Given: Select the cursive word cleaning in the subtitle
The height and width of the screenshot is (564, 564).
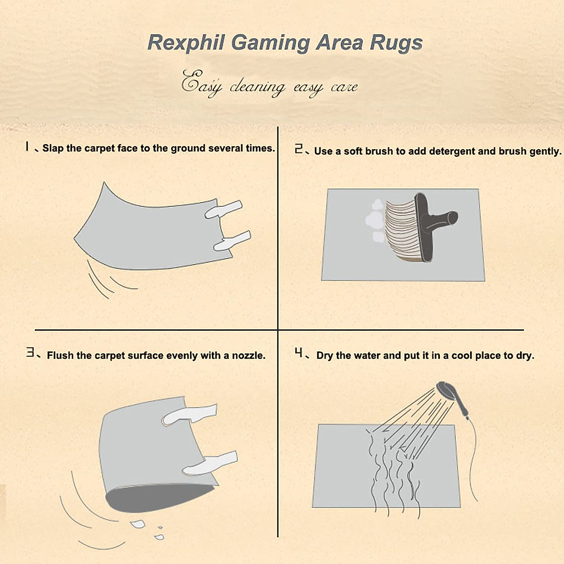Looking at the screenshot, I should [x=257, y=87].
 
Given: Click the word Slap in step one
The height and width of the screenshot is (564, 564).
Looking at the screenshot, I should [x=53, y=149].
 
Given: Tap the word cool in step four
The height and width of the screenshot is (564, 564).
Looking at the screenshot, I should [x=462, y=356].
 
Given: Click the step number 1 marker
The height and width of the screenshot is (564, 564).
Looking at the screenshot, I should [x=27, y=147].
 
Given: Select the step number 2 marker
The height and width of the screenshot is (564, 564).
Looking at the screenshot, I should [x=299, y=149].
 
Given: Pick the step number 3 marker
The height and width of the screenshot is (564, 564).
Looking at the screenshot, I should [x=30, y=352].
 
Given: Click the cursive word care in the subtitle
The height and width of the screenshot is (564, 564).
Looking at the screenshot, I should [x=344, y=87].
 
